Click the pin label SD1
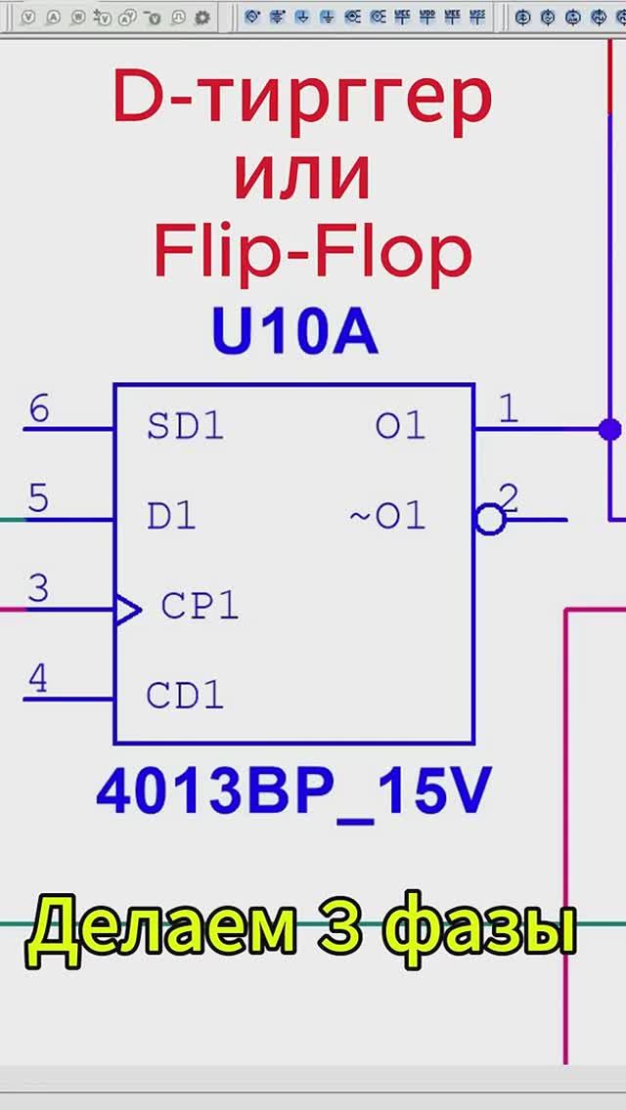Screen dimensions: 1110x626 185,426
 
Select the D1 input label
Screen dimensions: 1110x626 171,516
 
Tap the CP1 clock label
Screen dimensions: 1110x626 200,607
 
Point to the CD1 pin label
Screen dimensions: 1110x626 185,696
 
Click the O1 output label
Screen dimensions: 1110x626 401,426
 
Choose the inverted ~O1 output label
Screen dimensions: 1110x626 388,516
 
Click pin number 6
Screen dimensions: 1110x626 38,408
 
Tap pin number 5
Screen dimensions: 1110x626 38,499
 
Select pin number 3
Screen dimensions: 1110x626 38,589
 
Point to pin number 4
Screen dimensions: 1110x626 38,678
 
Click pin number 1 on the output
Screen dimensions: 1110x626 508,408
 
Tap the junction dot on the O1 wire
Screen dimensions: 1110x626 609,428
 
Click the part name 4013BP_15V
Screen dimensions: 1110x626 292,794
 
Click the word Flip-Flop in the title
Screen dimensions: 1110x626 312,252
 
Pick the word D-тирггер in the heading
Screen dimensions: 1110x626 302,99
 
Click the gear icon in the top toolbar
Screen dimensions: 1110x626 202,17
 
